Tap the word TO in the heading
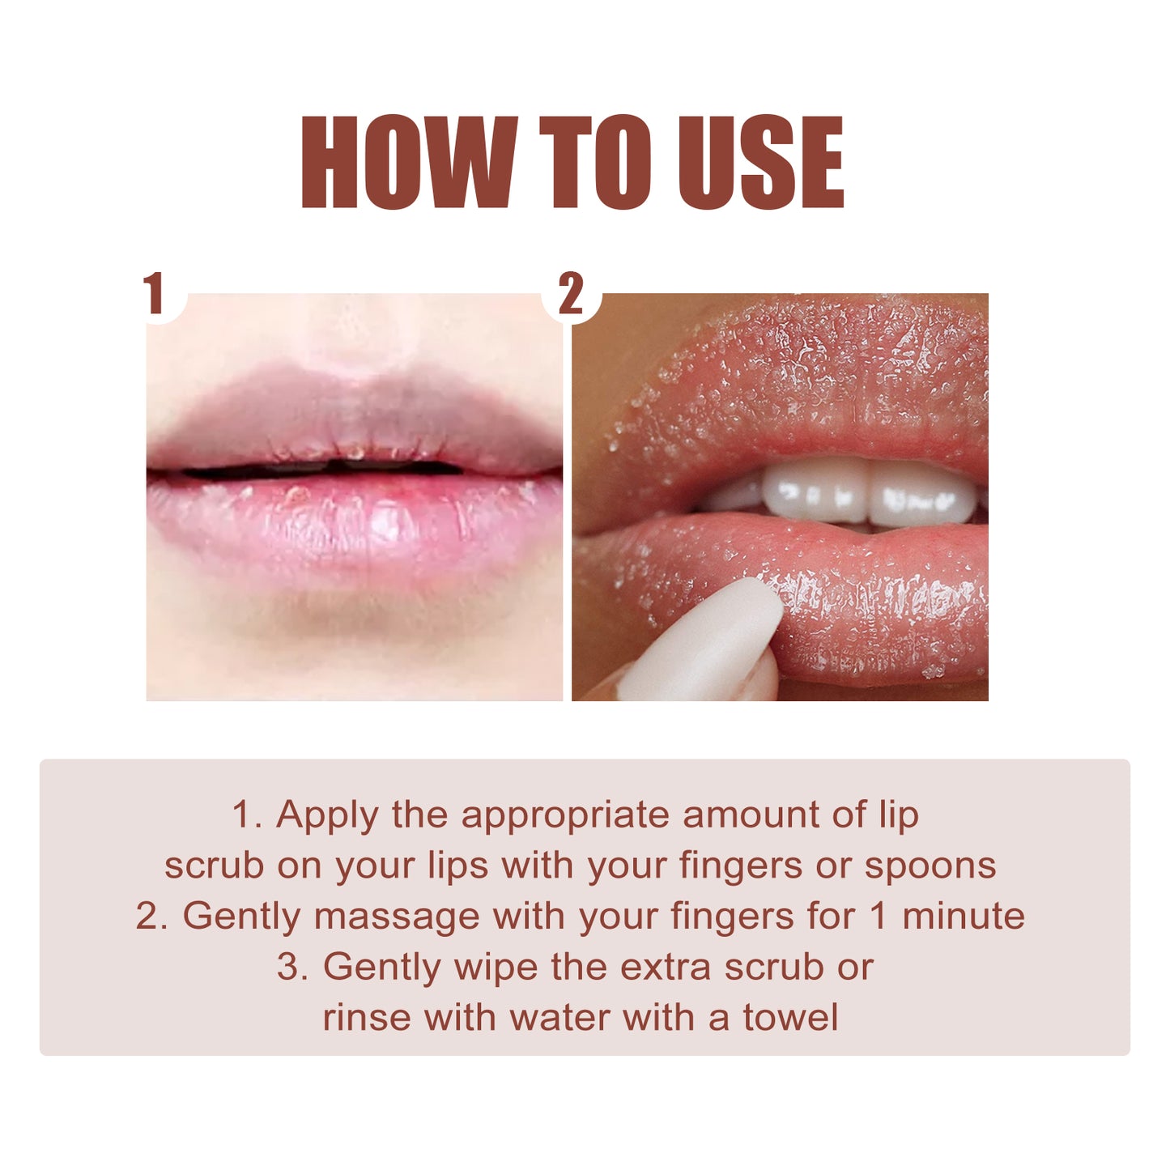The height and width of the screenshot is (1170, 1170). tap(595, 163)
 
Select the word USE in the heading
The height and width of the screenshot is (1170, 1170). tap(760, 163)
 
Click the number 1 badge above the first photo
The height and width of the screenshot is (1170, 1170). tap(155, 293)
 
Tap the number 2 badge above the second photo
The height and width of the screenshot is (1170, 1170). tap(571, 293)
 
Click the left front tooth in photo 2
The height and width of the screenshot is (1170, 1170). tap(814, 491)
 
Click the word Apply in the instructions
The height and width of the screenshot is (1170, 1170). tap(326, 815)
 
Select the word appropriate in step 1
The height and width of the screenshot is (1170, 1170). tap(564, 815)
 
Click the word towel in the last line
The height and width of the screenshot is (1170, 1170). tap(790, 1018)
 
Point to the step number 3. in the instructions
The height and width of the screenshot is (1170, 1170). tap(292, 968)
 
